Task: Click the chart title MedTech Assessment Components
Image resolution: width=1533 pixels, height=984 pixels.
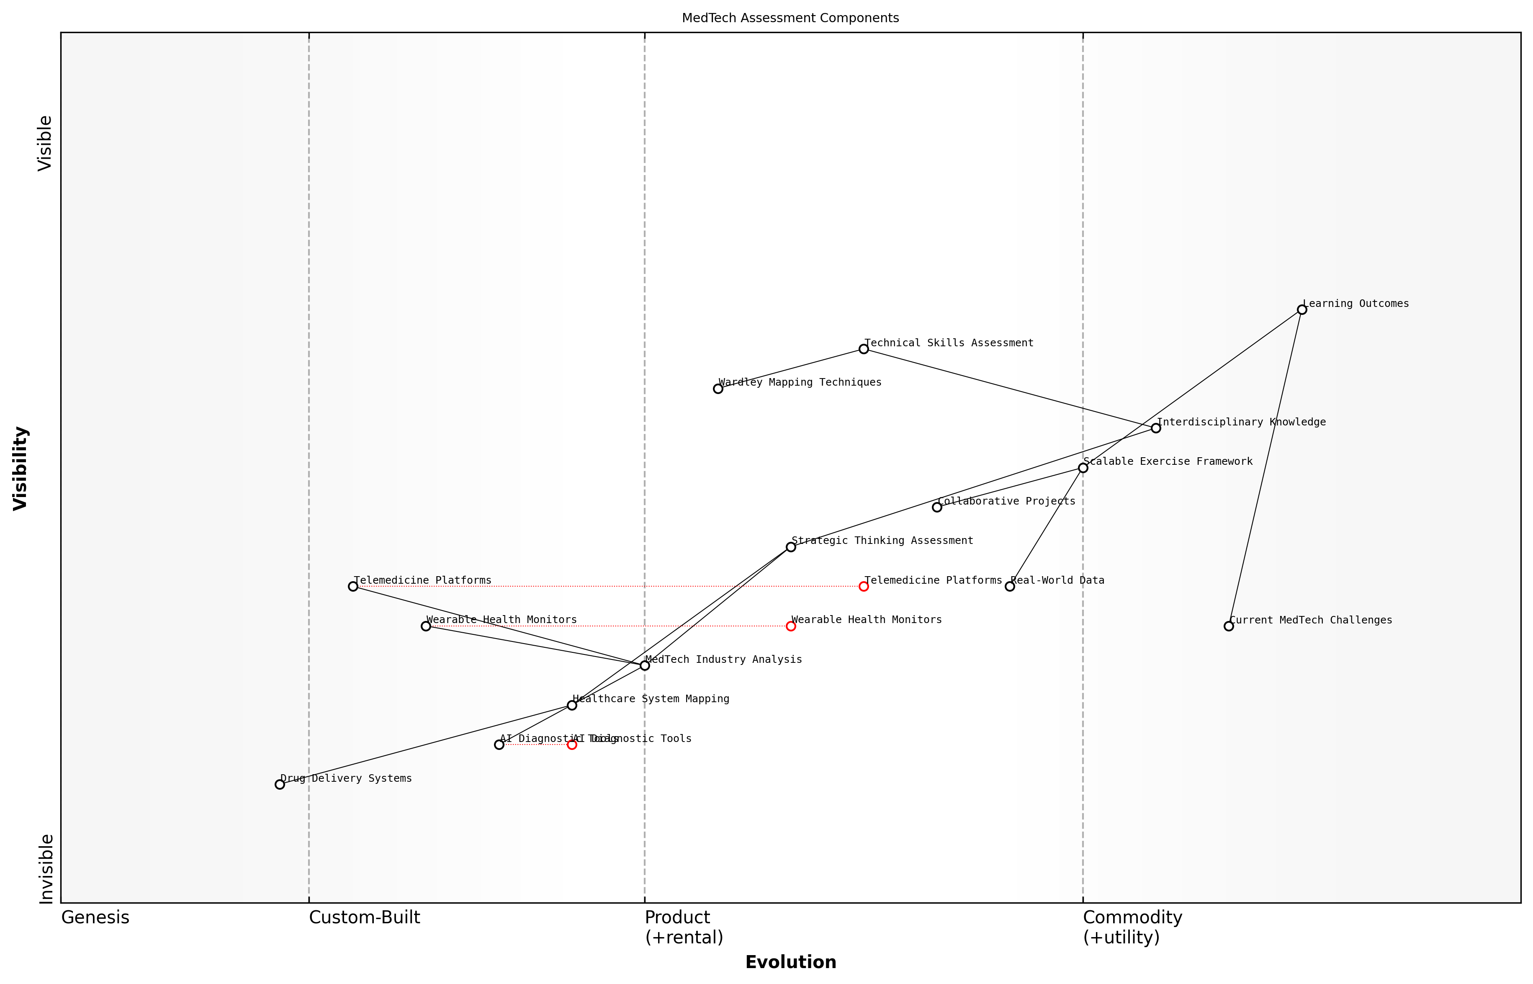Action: point(790,18)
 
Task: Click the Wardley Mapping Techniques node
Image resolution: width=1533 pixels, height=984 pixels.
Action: point(718,389)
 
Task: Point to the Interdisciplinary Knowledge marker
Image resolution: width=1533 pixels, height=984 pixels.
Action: point(1155,428)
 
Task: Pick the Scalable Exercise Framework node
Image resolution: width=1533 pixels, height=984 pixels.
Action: point(1083,468)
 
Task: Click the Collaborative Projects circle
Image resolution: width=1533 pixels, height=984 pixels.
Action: point(937,507)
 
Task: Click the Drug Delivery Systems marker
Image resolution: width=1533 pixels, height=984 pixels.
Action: point(280,785)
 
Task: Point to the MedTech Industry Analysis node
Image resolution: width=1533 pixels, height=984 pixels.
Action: point(645,666)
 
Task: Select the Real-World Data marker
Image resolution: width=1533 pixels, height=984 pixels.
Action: point(1010,587)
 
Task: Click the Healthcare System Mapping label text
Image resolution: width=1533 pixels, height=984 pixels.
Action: point(650,699)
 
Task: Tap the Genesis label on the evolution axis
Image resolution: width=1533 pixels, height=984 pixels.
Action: point(95,917)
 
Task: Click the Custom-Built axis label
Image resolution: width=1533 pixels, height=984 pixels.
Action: point(364,917)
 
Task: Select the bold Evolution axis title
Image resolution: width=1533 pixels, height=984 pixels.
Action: point(790,962)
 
